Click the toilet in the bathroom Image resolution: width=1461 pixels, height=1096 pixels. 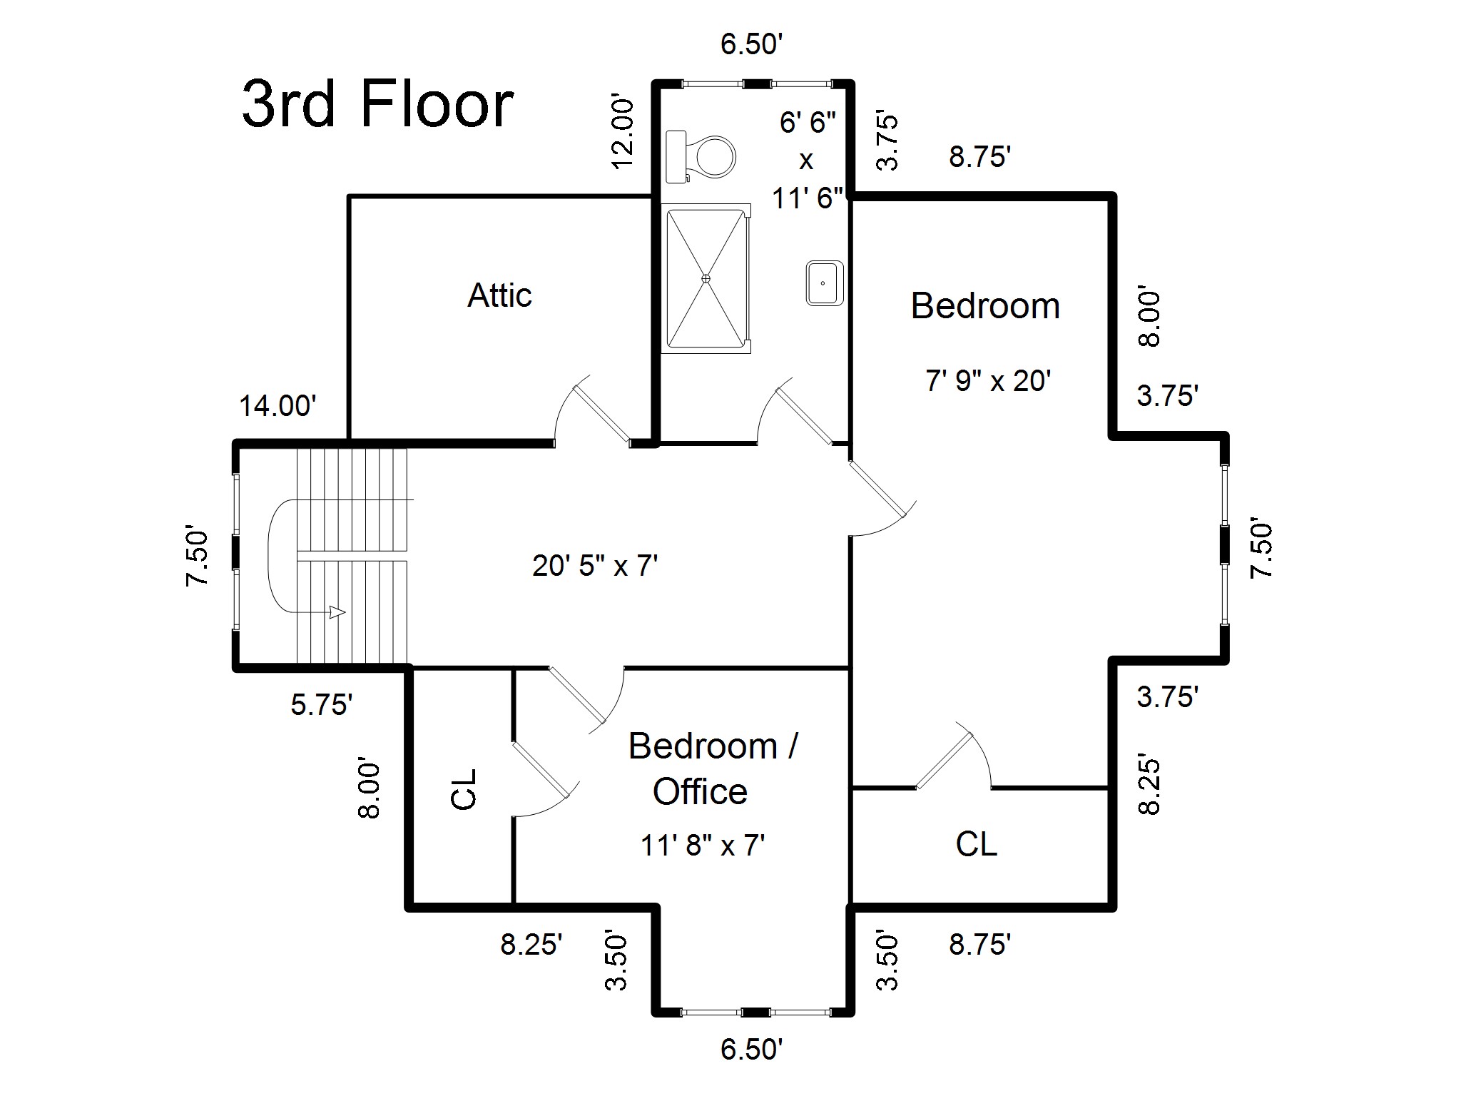[x=700, y=157]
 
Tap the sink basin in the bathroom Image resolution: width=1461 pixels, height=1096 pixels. [x=825, y=283]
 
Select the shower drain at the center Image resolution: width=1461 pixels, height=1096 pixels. [x=706, y=278]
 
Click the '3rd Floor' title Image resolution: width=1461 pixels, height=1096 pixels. [x=378, y=104]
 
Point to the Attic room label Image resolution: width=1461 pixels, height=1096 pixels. [x=499, y=295]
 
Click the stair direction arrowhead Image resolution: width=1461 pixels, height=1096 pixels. [x=337, y=612]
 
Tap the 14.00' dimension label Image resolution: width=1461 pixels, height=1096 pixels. [x=278, y=406]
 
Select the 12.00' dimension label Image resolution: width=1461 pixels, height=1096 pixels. [x=623, y=133]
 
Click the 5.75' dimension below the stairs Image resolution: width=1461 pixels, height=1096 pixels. [x=322, y=705]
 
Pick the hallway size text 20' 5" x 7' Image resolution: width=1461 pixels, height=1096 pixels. [x=595, y=566]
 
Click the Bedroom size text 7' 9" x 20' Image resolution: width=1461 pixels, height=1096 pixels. [x=988, y=380]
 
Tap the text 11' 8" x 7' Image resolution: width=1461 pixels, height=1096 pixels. [x=703, y=846]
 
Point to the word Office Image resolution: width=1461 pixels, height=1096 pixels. [x=700, y=791]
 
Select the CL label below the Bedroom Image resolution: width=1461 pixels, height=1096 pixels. [x=976, y=844]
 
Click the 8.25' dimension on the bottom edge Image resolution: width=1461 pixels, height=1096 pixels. [x=531, y=945]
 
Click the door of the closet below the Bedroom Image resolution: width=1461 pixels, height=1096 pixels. [x=955, y=756]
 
